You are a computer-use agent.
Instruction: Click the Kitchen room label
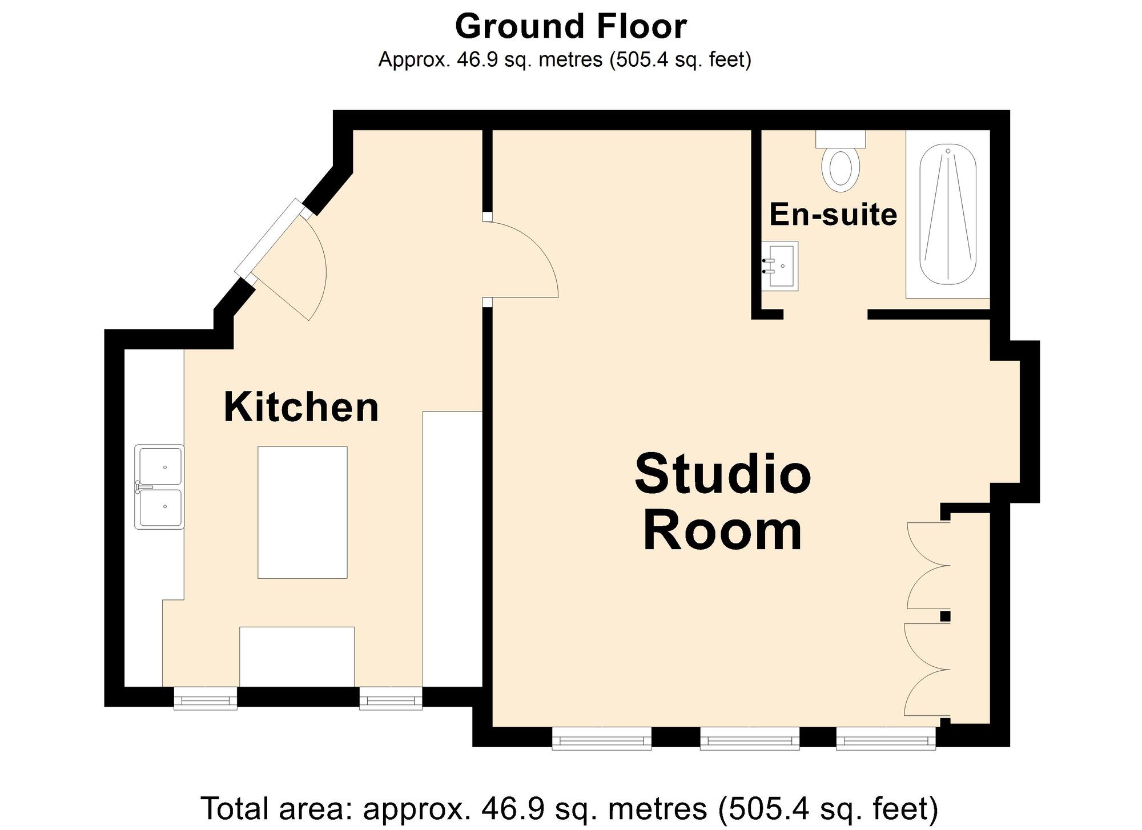[301, 407]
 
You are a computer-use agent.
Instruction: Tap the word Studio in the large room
[722, 475]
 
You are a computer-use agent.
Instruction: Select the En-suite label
[833, 215]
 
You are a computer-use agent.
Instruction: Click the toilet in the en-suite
[841, 165]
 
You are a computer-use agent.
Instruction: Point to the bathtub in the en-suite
[948, 214]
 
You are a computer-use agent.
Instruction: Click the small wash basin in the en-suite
[780, 266]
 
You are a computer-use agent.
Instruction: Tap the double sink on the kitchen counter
[159, 487]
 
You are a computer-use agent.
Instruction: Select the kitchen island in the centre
[302, 512]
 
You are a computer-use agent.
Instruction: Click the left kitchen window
[205, 698]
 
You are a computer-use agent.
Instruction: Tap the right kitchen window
[391, 698]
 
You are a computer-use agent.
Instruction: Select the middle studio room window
[750, 738]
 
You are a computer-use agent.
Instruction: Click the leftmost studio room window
[601, 738]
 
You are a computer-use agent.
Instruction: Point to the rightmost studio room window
[886, 738]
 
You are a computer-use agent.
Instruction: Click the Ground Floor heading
[570, 27]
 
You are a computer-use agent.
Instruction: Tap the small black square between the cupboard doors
[945, 616]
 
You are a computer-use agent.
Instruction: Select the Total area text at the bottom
[569, 808]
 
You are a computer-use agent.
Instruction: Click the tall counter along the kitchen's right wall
[452, 548]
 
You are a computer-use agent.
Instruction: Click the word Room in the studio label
[722, 532]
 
